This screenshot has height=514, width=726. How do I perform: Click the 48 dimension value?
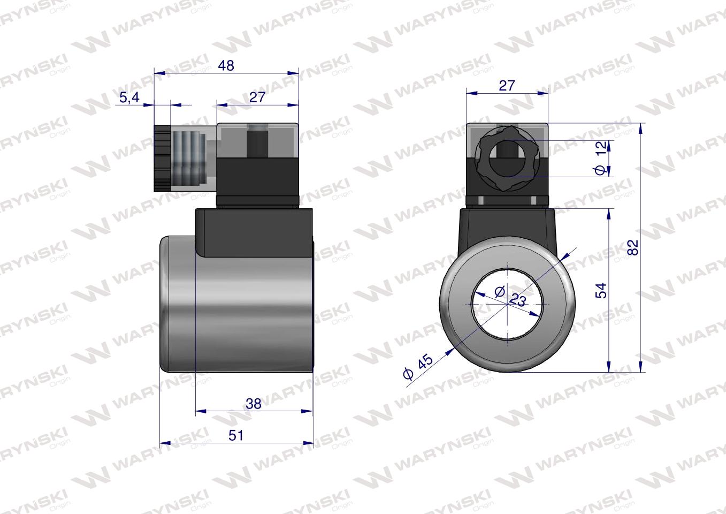[226, 65]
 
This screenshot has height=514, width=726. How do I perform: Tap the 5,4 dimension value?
[129, 98]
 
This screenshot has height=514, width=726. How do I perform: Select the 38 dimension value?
[253, 403]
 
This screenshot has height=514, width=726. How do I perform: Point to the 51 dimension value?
[236, 435]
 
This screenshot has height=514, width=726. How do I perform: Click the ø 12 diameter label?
[600, 158]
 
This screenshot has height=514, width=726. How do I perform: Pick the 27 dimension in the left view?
[257, 97]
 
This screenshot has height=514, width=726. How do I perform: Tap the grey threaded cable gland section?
[187, 158]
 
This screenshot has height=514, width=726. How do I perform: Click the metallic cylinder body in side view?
[235, 316]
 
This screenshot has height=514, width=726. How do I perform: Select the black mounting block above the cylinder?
[251, 233]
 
